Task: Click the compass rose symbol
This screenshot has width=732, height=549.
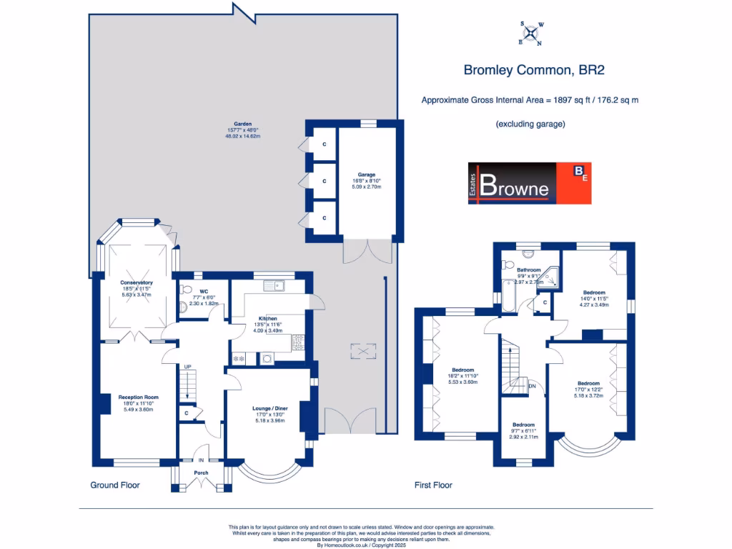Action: pos(531,33)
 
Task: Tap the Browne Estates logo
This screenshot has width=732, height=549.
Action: pos(530,183)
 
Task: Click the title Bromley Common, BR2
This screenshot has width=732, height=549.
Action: pos(529,70)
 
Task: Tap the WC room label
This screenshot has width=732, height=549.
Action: pos(204,292)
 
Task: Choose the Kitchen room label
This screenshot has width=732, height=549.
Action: pos(268,319)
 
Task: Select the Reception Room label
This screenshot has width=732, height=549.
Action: pos(138,397)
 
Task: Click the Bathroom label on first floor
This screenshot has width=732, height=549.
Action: pos(529,270)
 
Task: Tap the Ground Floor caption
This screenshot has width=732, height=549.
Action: pos(115,485)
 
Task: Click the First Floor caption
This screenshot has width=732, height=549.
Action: pos(434,485)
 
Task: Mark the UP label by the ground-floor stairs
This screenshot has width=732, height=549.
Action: pos(188,367)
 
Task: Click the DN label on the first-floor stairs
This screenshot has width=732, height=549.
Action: pos(532,387)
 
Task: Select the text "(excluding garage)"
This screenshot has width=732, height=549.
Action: pos(530,124)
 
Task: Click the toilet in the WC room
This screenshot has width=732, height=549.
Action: pos(186,290)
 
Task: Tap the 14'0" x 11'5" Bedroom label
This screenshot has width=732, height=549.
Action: pos(594,292)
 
